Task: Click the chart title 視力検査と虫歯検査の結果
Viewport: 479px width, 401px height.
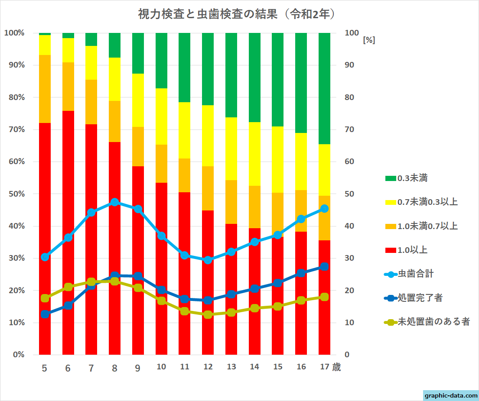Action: pyautogui.click(x=236, y=14)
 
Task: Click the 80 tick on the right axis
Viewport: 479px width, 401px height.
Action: pyautogui.click(x=350, y=97)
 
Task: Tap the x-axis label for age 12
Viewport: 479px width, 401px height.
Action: pyautogui.click(x=208, y=367)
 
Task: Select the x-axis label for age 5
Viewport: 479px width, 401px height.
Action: pyautogui.click(x=45, y=368)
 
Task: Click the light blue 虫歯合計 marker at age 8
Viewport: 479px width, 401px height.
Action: pyautogui.click(x=115, y=202)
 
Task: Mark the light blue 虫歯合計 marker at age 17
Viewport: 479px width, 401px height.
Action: pyautogui.click(x=324, y=208)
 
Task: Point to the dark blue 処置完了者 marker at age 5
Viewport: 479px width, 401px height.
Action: pyautogui.click(x=45, y=314)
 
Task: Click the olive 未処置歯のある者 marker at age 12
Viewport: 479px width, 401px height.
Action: pyautogui.click(x=208, y=314)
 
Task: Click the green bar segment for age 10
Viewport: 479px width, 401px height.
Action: pyautogui.click(x=161, y=60)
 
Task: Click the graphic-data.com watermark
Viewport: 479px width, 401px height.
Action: pyautogui.click(x=451, y=395)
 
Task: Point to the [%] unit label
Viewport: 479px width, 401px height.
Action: pyautogui.click(x=369, y=40)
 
